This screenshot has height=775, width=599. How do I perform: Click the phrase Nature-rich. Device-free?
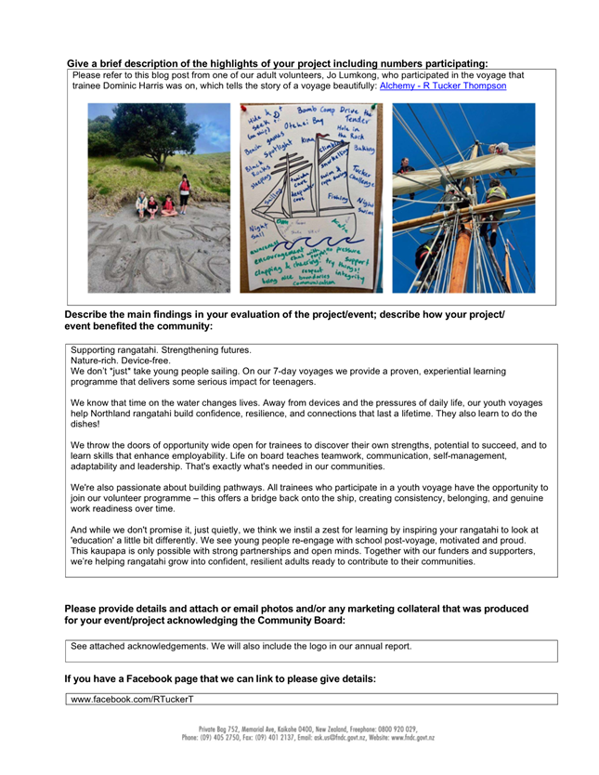[121, 360]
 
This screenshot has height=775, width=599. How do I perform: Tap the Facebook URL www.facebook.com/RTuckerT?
[133, 698]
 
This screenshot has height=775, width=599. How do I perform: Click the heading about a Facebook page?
[220, 679]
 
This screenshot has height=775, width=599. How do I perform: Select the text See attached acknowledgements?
[139, 646]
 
